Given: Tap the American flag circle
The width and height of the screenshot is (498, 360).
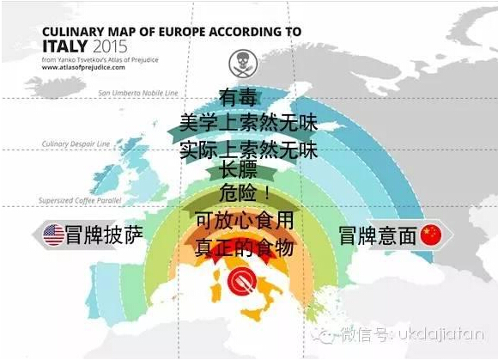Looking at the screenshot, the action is coord(54,235).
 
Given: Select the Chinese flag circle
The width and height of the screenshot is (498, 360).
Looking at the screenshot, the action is coord(428,235).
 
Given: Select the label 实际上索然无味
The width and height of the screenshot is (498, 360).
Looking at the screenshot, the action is coord(248,150).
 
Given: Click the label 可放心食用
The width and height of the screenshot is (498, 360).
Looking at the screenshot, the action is coord(244,222).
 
